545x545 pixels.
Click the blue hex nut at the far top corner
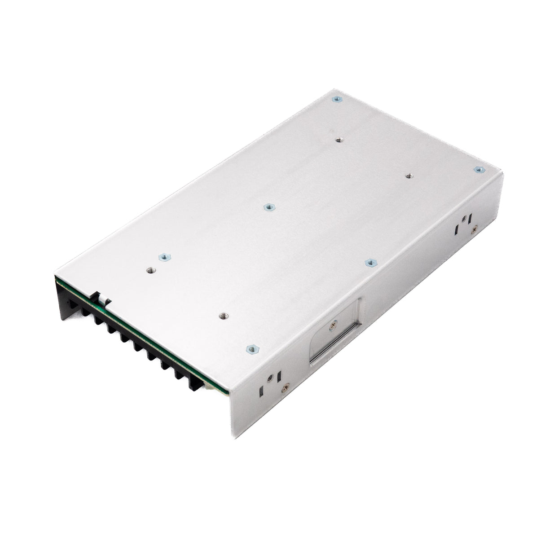click(x=334, y=100)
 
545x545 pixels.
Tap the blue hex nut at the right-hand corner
click(x=479, y=170)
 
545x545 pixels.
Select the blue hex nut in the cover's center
click(x=268, y=207)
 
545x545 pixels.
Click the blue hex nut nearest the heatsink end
click(x=163, y=258)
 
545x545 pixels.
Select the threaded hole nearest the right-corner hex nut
click(x=408, y=176)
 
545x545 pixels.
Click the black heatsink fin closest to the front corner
click(x=196, y=382)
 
